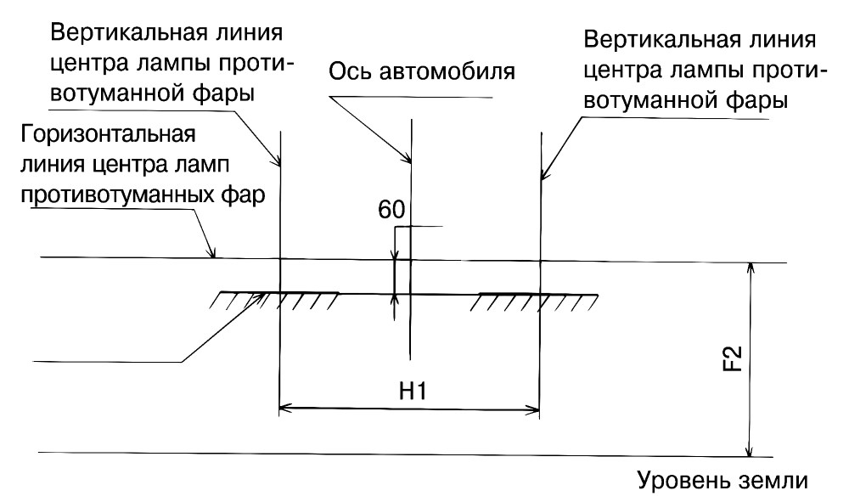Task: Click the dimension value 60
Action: (x=391, y=210)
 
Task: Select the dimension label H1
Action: (x=413, y=391)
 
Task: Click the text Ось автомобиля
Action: (x=422, y=71)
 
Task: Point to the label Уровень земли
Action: (x=722, y=480)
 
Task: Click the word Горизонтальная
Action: (x=108, y=133)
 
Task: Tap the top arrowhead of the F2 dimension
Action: (x=750, y=269)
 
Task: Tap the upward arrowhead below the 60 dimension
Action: (x=395, y=300)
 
